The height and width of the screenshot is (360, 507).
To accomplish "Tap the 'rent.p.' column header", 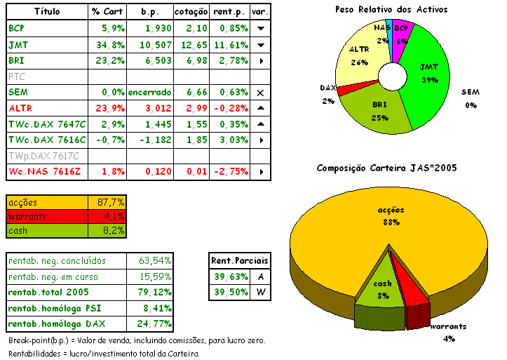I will point(229,13).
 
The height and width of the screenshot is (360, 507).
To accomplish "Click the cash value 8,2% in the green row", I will point(107,230).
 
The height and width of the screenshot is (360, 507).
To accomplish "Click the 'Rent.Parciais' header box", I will point(240,261).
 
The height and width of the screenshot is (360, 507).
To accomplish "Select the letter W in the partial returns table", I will point(260,292).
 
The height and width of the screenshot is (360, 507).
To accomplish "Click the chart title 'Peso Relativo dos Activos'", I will point(391,10).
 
